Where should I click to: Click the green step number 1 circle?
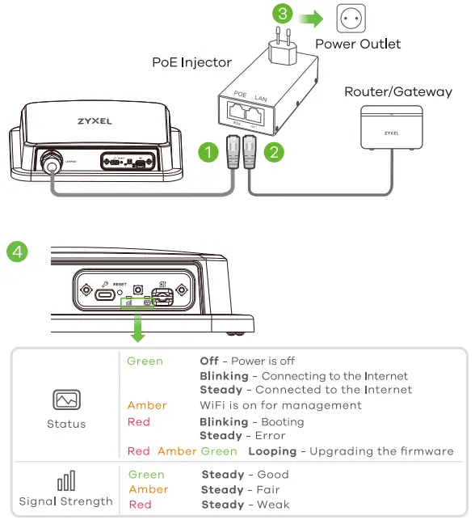[209, 151]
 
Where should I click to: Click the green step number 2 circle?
[275, 151]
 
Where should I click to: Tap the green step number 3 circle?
[282, 14]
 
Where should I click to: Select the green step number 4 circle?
[17, 251]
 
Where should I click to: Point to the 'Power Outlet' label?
[358, 44]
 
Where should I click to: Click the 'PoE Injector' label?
[191, 62]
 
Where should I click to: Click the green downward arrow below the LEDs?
[138, 328]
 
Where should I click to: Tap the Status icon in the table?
[66, 400]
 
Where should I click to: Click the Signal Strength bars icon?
[66, 483]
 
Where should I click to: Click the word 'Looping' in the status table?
[274, 451]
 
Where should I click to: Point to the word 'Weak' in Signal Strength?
[272, 505]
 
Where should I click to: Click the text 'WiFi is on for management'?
[280, 405]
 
